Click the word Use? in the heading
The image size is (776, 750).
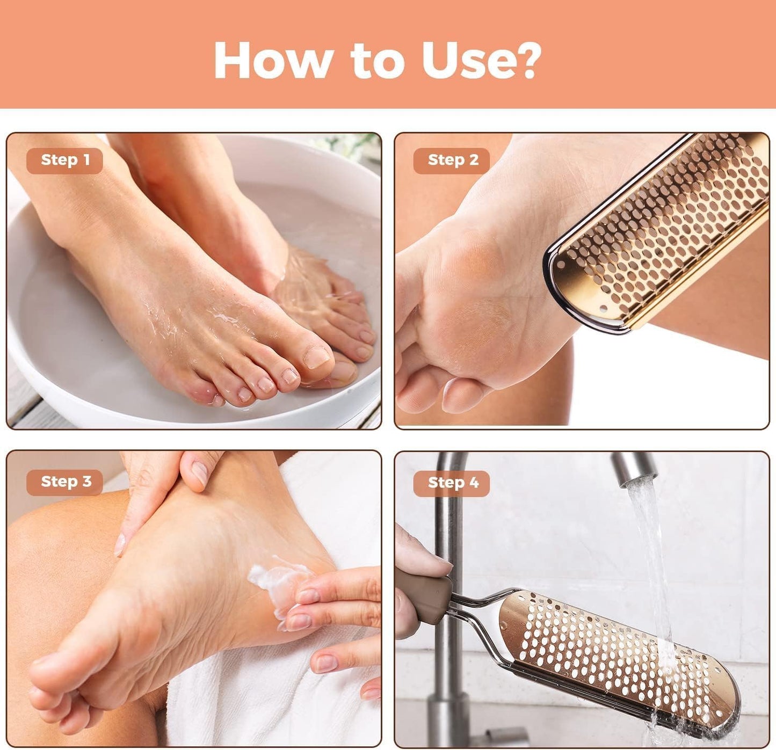click(x=480, y=60)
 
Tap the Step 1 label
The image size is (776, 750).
click(x=65, y=161)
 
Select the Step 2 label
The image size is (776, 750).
click(x=452, y=161)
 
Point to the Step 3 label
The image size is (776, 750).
click(x=65, y=482)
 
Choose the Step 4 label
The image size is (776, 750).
click(x=452, y=483)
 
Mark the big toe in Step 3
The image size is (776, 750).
click(x=54, y=671)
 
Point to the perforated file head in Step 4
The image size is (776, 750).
click(x=618, y=655)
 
